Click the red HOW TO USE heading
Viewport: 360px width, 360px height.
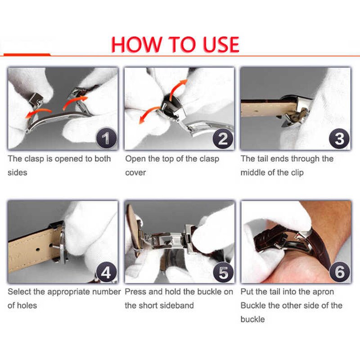[175, 44]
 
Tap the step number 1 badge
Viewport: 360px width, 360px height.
[106, 138]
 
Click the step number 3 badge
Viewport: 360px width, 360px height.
[339, 138]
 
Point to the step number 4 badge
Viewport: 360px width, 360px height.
[106, 271]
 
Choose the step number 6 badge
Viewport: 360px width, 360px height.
[339, 271]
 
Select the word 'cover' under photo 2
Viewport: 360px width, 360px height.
[135, 172]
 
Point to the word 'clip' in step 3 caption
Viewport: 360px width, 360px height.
[296, 172]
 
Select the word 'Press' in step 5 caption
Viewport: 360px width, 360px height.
[135, 292]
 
